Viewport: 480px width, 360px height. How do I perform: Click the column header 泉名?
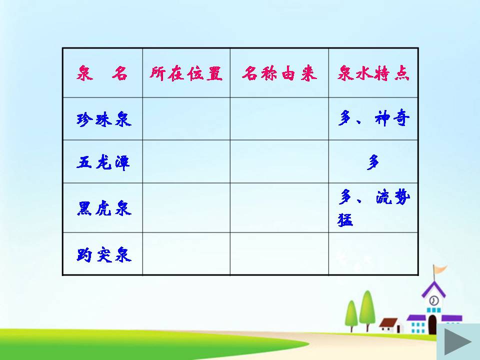(x=102, y=73)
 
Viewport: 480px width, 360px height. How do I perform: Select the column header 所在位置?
(x=186, y=73)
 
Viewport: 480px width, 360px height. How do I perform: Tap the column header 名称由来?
(x=279, y=73)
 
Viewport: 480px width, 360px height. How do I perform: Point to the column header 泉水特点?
(x=373, y=73)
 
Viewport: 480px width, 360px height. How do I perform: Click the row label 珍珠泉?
(x=103, y=119)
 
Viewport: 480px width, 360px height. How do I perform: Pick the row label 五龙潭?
(x=103, y=162)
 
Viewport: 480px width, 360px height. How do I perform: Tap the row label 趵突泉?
(x=103, y=254)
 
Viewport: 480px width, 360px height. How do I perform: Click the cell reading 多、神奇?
(x=373, y=119)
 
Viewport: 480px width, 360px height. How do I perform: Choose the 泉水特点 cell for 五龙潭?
(x=373, y=162)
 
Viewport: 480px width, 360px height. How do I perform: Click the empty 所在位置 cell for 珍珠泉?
(x=186, y=119)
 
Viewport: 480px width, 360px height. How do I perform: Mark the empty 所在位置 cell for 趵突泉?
(x=186, y=254)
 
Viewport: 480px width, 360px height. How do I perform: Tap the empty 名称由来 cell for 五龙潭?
(x=279, y=162)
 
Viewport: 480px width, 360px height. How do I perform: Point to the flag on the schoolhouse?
(x=440, y=270)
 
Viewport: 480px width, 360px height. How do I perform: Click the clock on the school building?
(x=433, y=300)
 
